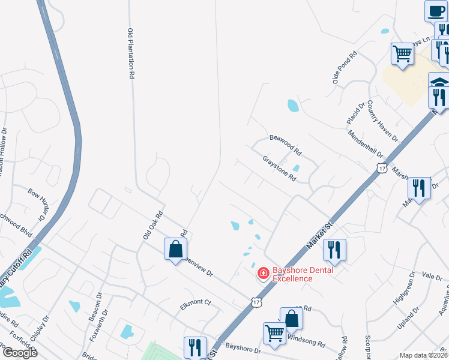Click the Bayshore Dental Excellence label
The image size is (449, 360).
click(292, 274)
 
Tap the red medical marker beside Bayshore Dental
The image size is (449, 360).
click(263, 274)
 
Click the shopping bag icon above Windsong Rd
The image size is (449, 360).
click(291, 318)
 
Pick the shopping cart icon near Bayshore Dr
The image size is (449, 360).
click(275, 333)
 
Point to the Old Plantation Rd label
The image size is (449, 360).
click(130, 54)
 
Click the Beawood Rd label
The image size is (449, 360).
click(285, 144)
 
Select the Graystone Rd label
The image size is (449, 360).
click(280, 169)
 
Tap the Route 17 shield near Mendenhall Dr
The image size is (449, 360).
click(382, 168)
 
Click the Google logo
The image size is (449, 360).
click(19, 352)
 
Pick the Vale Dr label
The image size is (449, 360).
click(432, 275)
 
